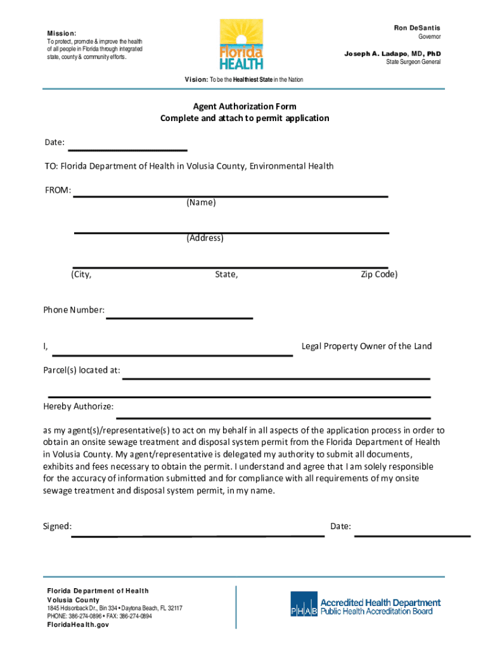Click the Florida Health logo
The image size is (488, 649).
(x=241, y=44)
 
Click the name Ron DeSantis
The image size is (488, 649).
(x=417, y=28)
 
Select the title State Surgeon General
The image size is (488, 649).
(x=413, y=62)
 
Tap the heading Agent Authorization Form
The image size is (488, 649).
(x=245, y=106)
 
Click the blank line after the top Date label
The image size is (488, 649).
(x=127, y=150)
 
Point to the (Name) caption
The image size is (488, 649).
(x=201, y=203)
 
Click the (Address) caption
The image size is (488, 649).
(x=205, y=238)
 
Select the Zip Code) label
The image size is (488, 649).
(x=379, y=274)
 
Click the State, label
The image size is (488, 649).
(x=226, y=274)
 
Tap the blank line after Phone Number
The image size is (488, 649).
(x=179, y=317)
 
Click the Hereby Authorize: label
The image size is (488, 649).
(x=79, y=406)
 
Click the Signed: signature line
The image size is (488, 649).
(x=197, y=535)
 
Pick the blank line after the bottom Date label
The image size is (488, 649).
(x=412, y=535)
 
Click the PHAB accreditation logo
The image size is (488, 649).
(x=366, y=607)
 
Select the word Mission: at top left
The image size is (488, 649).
(x=61, y=33)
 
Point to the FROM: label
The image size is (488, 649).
(x=57, y=191)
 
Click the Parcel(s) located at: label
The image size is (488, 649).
(x=82, y=370)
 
